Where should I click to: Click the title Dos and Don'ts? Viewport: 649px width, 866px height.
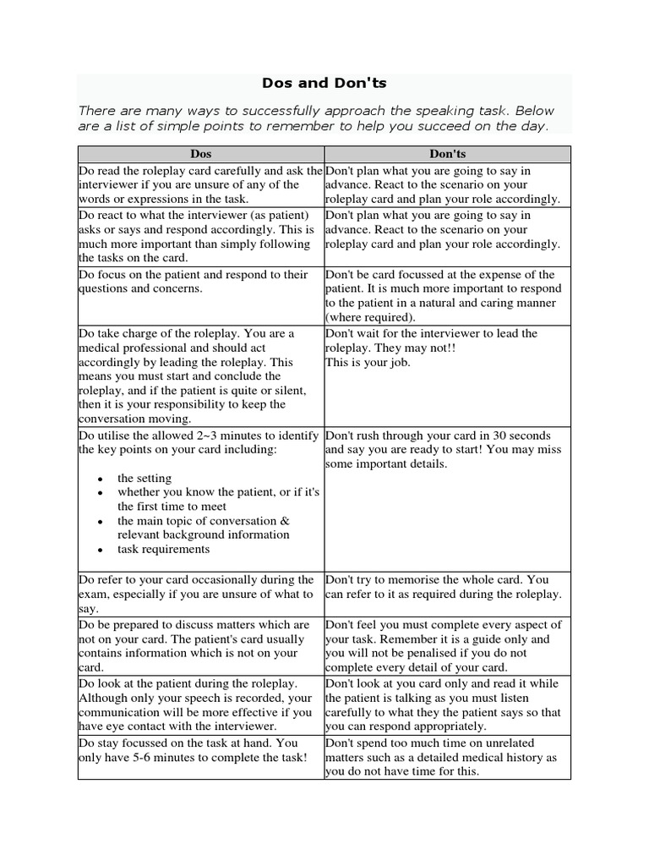(324, 85)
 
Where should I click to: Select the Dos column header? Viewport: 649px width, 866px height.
(201, 154)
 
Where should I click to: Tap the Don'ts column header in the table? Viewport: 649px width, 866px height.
(448, 154)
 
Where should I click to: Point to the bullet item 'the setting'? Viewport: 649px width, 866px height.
(144, 478)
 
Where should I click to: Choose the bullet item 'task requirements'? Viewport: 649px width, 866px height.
(163, 549)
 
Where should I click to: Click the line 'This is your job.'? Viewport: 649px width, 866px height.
(368, 362)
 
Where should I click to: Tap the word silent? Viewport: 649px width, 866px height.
(288, 390)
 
